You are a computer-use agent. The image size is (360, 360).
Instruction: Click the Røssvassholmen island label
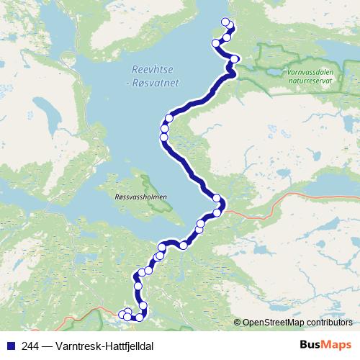click(140, 195)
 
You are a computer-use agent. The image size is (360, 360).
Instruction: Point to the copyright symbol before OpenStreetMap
click(238, 322)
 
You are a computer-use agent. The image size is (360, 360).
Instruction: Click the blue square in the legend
click(9, 345)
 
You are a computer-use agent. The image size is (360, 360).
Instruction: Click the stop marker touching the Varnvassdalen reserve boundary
click(235, 59)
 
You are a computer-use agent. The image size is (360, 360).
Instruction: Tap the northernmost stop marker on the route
click(225, 22)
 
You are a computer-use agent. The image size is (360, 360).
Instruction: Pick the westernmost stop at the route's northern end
click(215, 43)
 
